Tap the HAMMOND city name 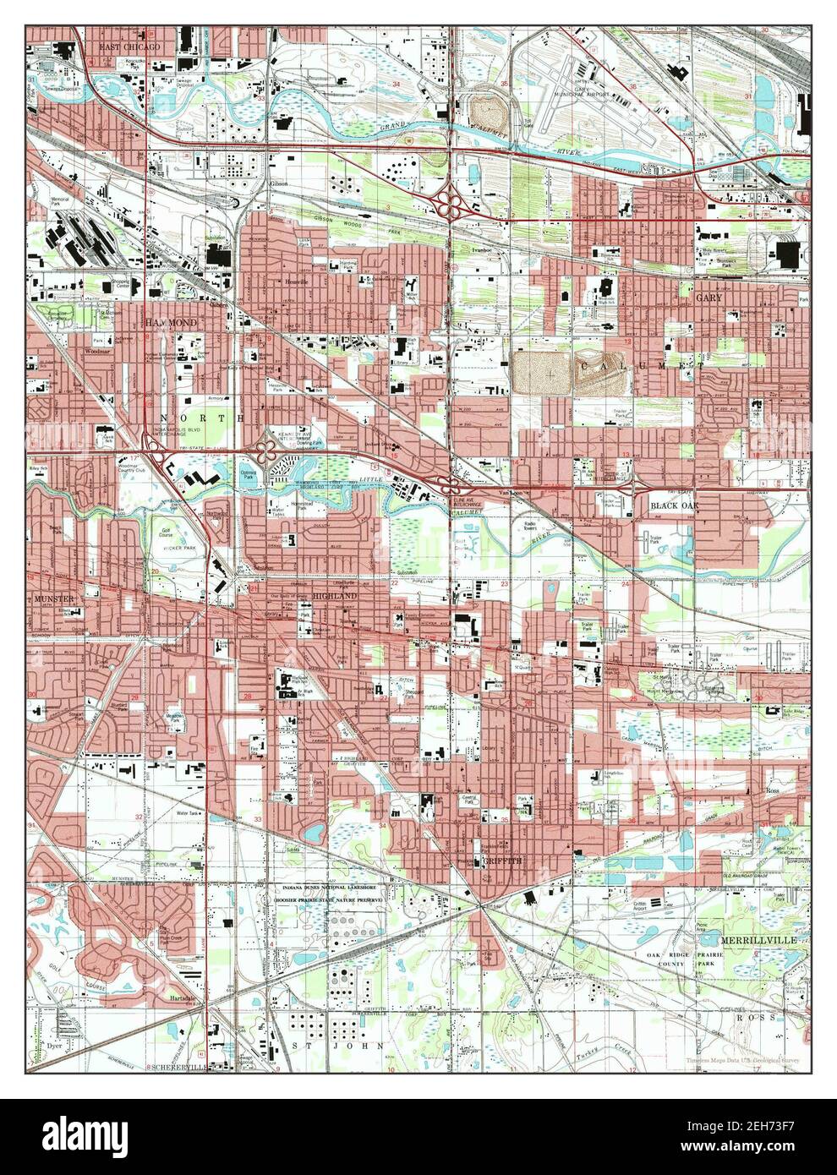click(170, 324)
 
